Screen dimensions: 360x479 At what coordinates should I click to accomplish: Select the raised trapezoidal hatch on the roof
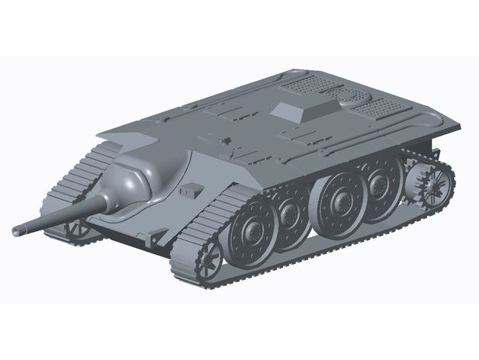299,110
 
